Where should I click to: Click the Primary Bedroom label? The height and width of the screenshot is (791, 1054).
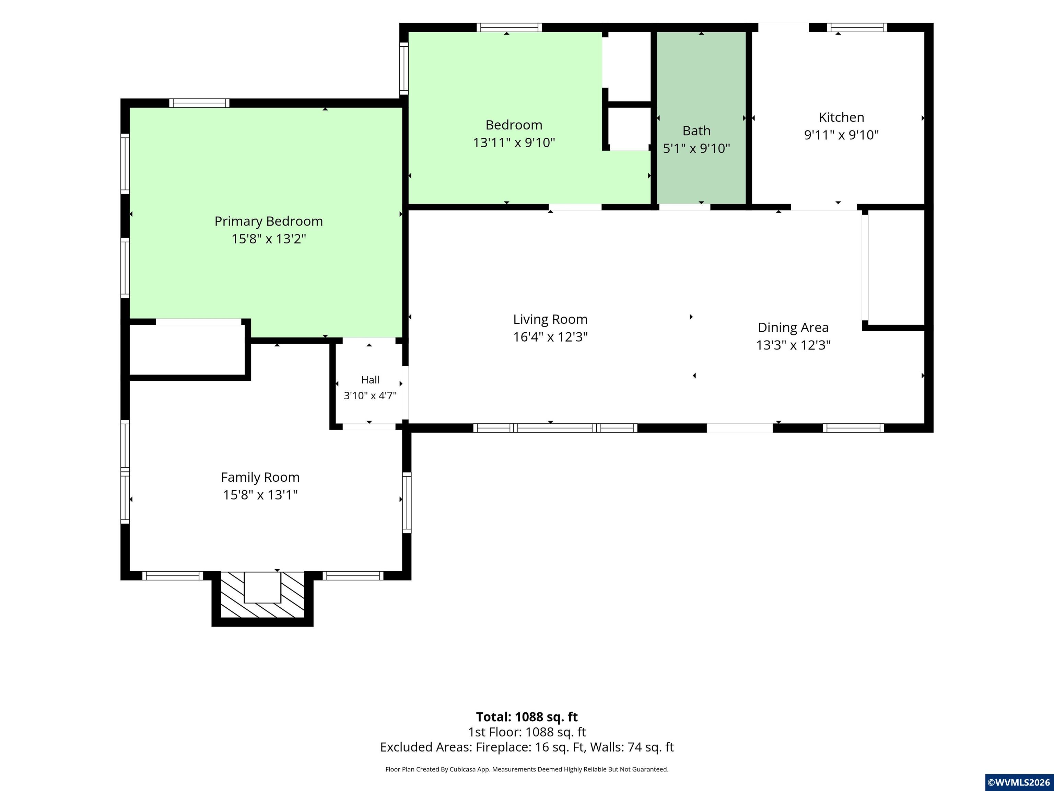pos(269,221)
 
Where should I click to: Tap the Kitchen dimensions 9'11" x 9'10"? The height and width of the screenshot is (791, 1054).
pos(842,135)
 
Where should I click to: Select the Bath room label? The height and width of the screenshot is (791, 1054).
pos(696,131)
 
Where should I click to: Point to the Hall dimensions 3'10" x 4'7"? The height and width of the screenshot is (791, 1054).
pos(370,395)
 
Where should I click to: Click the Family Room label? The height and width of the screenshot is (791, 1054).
pos(260,477)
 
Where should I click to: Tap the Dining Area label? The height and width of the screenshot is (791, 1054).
pos(793,328)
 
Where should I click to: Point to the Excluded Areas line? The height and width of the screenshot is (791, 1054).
pos(527,747)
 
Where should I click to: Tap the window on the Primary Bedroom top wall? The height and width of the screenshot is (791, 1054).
pos(199,103)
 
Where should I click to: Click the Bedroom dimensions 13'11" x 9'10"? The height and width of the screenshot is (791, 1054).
pos(514,142)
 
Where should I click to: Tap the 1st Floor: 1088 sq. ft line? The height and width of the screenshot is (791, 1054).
pos(527,732)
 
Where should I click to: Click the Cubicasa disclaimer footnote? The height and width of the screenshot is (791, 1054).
pos(527,769)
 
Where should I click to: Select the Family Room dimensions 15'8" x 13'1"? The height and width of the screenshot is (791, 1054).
pos(260,495)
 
